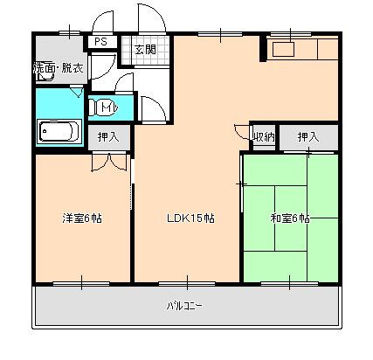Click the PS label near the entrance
[100, 42]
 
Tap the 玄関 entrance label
[145, 50]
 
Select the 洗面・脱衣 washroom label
[59, 67]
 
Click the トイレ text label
[108, 107]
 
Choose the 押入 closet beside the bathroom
[108, 136]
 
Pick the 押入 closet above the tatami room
[308, 136]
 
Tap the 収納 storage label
[264, 136]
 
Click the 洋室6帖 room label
[82, 218]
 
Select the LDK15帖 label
[190, 218]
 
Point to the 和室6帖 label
[290, 218]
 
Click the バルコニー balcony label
[184, 306]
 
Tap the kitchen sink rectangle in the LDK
[283, 49]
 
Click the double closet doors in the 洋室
[109, 162]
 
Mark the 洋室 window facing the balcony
[81, 283]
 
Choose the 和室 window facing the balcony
[289, 283]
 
